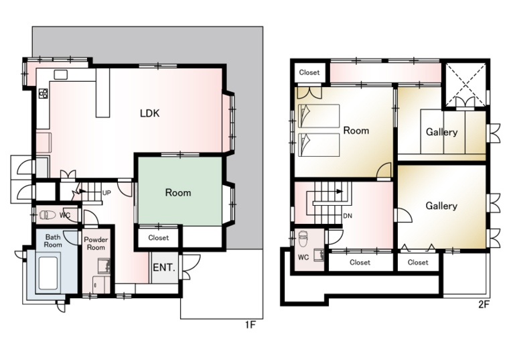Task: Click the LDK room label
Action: tap(149, 113)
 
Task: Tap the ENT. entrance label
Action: tap(164, 267)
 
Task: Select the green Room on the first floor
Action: tap(180, 191)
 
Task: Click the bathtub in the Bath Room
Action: tap(48, 274)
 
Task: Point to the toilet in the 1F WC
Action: tap(48, 215)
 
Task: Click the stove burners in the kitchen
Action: tap(43, 94)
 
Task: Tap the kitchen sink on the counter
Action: tap(61, 74)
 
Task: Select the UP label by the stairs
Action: tap(106, 193)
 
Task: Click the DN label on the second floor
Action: tap(348, 216)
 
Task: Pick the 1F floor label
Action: tap(250, 324)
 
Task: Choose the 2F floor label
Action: tap(484, 305)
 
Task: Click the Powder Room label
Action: tap(96, 243)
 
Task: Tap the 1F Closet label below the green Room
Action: tap(159, 238)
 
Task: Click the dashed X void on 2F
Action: tap(466, 84)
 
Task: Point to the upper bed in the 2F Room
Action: tap(319, 116)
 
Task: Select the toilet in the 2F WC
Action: tap(303, 239)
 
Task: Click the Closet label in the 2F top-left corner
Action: tap(309, 72)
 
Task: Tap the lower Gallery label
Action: tap(441, 206)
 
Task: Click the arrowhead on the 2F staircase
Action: tap(340, 191)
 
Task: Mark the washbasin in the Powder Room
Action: tap(104, 265)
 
